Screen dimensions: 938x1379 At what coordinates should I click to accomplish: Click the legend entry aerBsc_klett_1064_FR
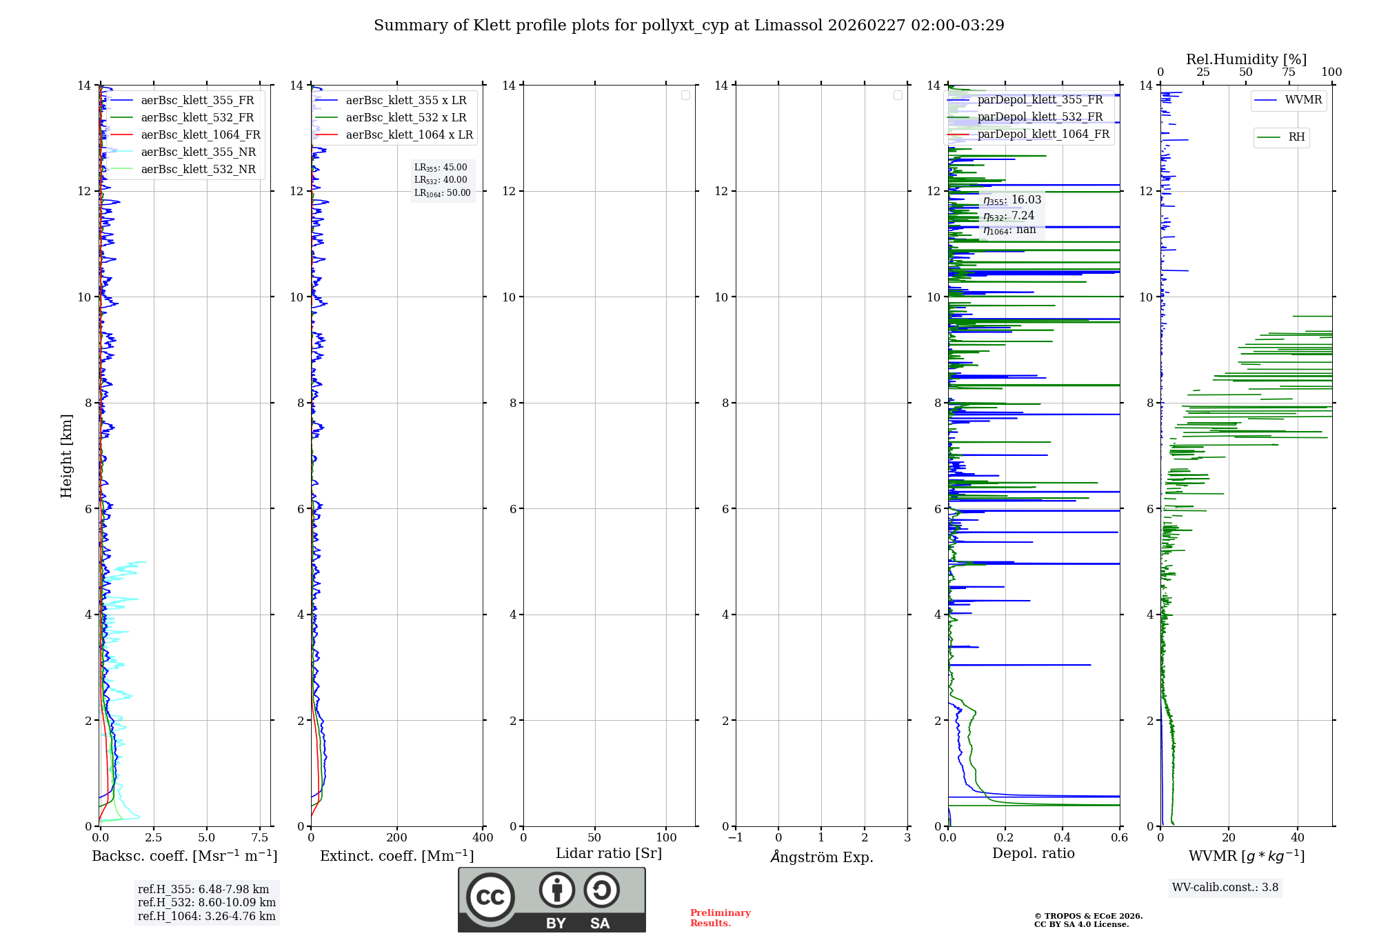(x=200, y=134)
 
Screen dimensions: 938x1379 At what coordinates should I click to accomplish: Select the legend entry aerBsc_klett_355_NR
(x=198, y=152)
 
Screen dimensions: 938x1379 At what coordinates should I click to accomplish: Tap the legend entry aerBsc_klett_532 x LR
(x=405, y=117)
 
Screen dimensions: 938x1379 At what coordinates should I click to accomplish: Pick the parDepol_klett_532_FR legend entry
(x=1040, y=117)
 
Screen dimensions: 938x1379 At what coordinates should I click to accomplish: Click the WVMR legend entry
(x=1303, y=100)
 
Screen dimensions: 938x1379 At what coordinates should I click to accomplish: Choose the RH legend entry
(x=1296, y=137)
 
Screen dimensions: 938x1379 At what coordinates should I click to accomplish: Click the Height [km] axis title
(x=66, y=456)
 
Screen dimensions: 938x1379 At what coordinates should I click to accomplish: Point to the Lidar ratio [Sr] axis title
(x=609, y=853)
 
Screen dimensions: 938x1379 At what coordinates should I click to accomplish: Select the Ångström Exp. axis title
(x=822, y=857)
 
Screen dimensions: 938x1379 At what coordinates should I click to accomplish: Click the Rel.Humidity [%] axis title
(x=1246, y=59)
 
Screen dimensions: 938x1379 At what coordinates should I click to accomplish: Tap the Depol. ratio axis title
(x=1033, y=853)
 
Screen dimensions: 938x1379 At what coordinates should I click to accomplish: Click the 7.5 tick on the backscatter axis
(x=260, y=837)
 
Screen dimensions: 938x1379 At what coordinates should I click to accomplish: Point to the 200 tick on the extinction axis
(x=397, y=837)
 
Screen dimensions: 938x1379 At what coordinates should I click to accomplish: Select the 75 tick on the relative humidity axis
(x=1289, y=72)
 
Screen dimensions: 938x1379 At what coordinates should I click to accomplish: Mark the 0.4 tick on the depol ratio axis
(x=1063, y=837)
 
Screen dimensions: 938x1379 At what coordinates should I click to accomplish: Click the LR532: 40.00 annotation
(x=441, y=180)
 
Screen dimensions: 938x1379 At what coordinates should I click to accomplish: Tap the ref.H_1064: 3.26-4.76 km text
(x=207, y=916)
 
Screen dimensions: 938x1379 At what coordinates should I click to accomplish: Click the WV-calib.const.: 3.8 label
(x=1225, y=888)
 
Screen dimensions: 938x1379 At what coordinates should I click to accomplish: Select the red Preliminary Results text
(x=720, y=918)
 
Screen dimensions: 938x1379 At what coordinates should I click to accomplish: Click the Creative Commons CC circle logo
(x=490, y=897)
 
